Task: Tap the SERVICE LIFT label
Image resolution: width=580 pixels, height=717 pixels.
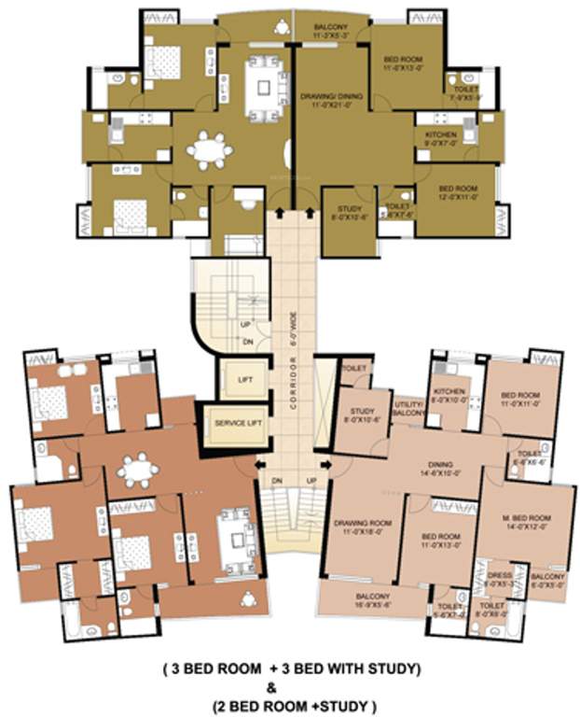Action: (x=236, y=423)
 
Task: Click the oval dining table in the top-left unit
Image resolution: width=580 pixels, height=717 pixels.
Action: (x=209, y=148)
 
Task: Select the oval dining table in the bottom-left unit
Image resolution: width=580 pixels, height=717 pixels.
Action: (x=138, y=471)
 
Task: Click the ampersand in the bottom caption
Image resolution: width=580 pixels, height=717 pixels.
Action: (x=290, y=683)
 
